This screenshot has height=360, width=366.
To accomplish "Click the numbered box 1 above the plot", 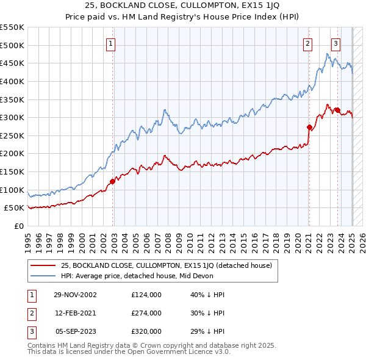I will click(x=111, y=43).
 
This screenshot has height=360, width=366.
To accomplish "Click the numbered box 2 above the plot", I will click(x=307, y=43).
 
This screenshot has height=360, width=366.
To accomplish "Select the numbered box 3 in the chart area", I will click(x=335, y=43).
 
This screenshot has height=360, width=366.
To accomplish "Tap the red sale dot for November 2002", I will click(x=112, y=181).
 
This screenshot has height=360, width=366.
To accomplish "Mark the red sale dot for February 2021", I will click(x=309, y=127).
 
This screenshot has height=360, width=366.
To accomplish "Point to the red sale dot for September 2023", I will click(x=337, y=110).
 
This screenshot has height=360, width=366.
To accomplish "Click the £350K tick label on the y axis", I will click(x=12, y=99).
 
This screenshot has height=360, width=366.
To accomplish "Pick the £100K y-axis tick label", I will click(x=12, y=190).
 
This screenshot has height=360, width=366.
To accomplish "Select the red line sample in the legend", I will click(x=43, y=265).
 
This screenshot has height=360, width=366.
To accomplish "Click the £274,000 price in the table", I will click(x=146, y=313).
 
